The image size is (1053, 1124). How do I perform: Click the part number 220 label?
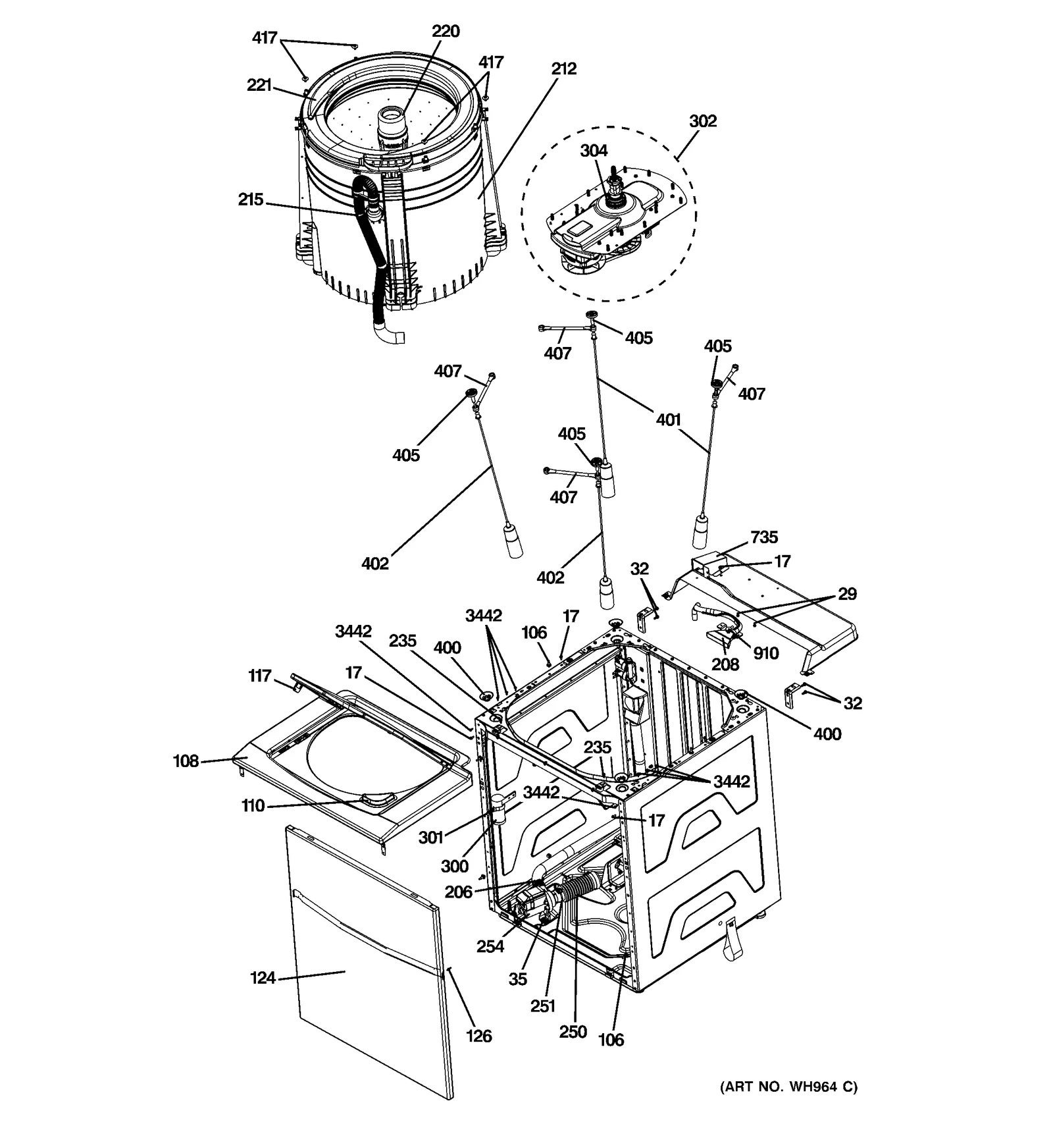[446, 32]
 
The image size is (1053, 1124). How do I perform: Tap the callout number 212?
[564, 68]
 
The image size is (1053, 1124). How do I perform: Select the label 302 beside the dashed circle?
[703, 121]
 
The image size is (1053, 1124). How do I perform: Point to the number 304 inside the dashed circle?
[594, 151]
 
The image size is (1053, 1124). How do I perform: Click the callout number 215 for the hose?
[250, 200]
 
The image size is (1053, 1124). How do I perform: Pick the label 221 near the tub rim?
[259, 85]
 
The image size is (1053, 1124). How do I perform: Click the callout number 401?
[668, 419]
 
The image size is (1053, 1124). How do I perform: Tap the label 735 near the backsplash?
[764, 537]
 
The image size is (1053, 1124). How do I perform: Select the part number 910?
[766, 653]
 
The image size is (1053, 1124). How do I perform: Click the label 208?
[725, 664]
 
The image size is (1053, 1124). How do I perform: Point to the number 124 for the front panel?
[263, 978]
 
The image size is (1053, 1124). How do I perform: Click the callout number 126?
[478, 1036]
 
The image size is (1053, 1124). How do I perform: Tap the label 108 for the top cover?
[186, 761]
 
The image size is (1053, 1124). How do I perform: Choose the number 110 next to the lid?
[253, 805]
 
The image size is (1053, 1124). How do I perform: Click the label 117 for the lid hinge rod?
[259, 676]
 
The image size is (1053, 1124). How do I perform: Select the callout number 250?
[573, 1032]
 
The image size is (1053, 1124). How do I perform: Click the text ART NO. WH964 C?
[788, 1086]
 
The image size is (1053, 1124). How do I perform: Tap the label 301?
[431, 838]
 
